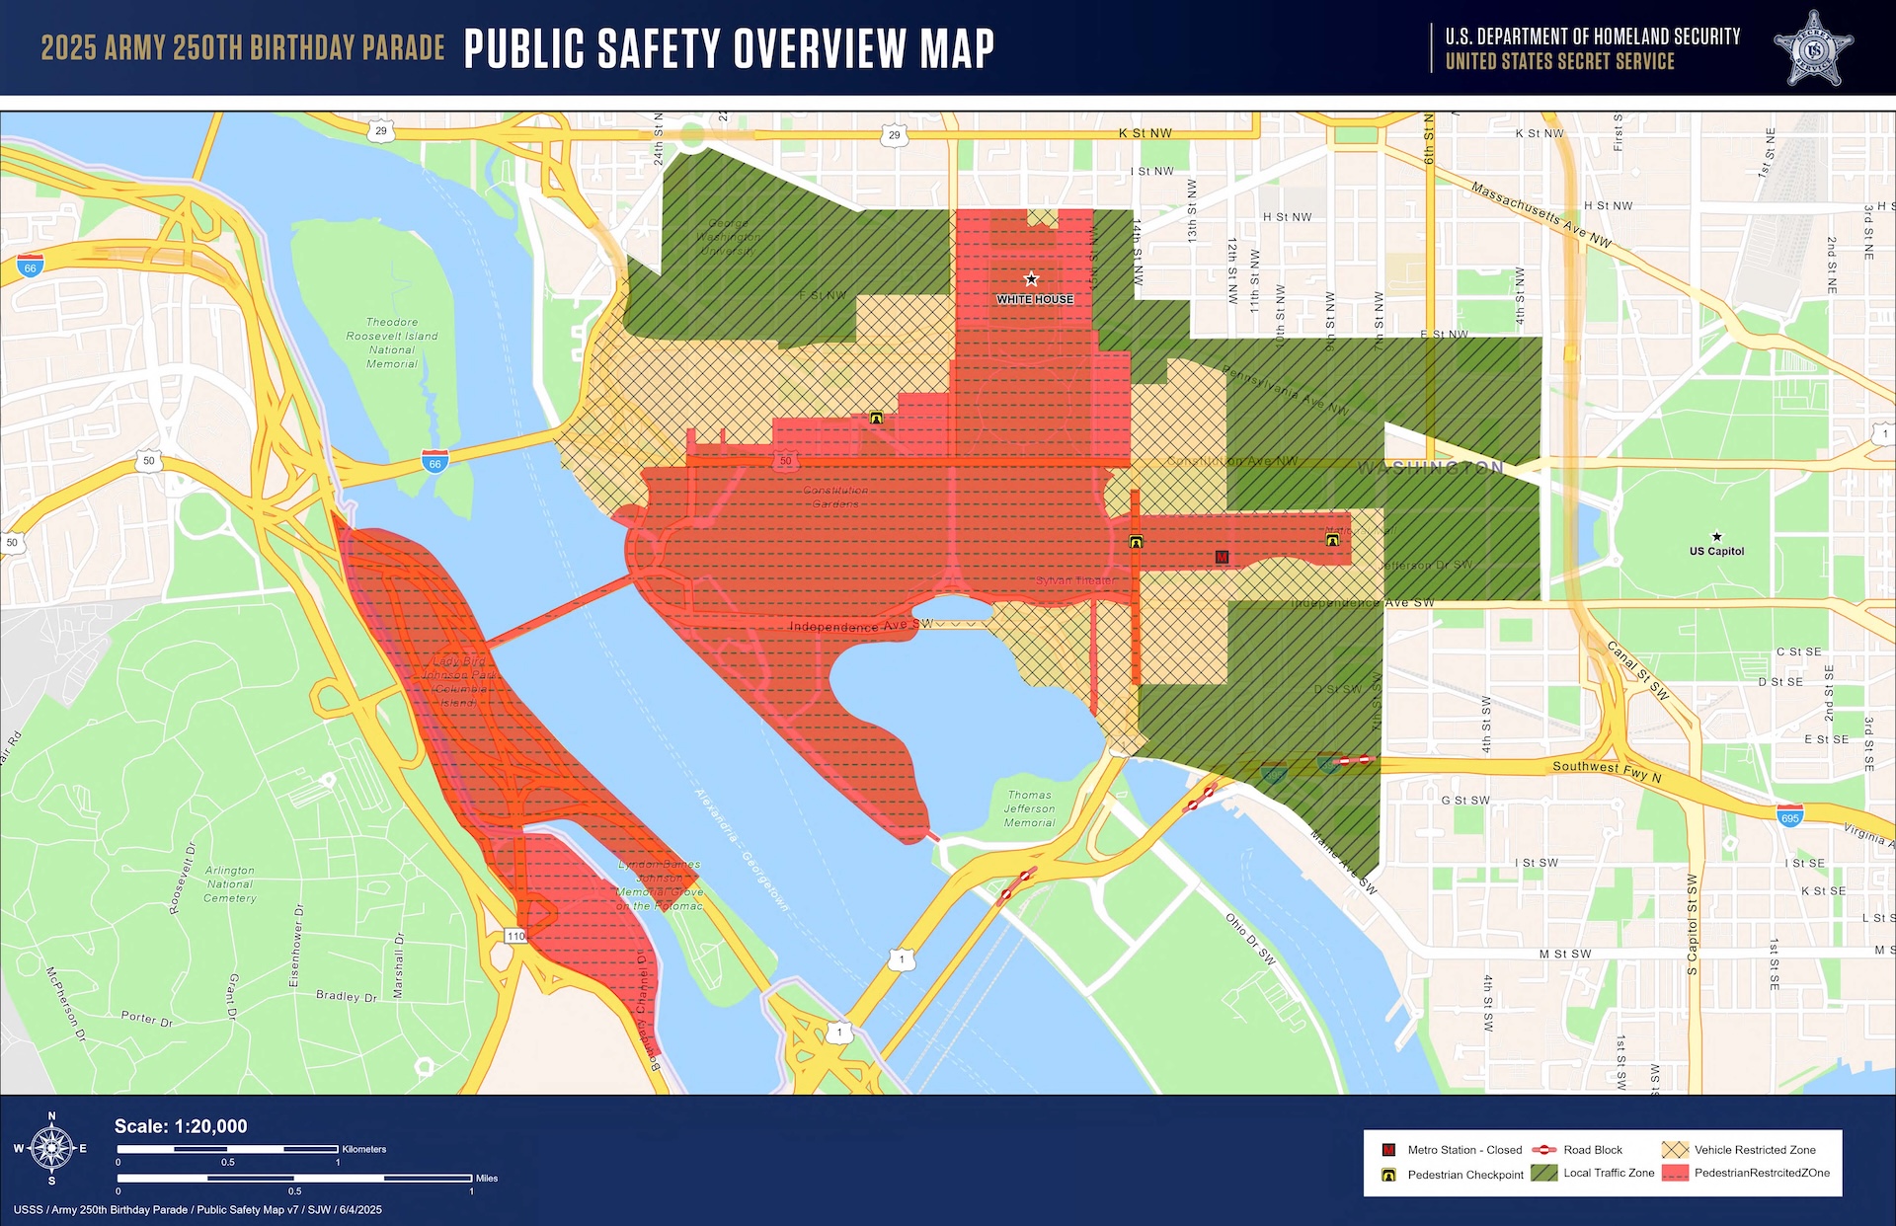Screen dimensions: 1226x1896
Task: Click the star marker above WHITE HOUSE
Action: pos(1031,279)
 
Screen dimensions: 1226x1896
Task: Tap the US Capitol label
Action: pos(1716,551)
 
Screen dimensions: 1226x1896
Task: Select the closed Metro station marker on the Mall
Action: pos(1222,558)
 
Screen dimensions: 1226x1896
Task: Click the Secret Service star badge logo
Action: pos(1813,49)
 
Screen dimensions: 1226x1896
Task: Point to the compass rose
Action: pos(51,1148)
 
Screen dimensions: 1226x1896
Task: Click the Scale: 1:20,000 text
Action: pos(181,1126)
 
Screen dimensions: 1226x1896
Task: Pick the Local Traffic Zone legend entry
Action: pos(1594,1173)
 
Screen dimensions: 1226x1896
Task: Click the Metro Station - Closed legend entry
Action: pos(1453,1150)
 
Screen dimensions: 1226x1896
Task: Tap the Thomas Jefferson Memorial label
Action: pos(1029,808)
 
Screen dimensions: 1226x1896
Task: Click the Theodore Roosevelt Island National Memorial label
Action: pos(392,343)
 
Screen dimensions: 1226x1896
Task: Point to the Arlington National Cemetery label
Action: pos(230,884)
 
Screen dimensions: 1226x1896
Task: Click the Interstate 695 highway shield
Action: pos(1789,817)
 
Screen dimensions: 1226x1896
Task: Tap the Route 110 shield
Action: pos(515,936)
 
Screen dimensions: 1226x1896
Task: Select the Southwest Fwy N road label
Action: pos(1607,771)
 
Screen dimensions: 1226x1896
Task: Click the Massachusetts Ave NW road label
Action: pos(1540,214)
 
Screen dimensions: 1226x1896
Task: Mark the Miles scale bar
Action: pos(294,1178)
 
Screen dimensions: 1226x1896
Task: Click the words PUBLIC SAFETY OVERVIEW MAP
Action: pos(729,48)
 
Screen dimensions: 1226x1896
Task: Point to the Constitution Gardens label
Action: pos(835,497)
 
